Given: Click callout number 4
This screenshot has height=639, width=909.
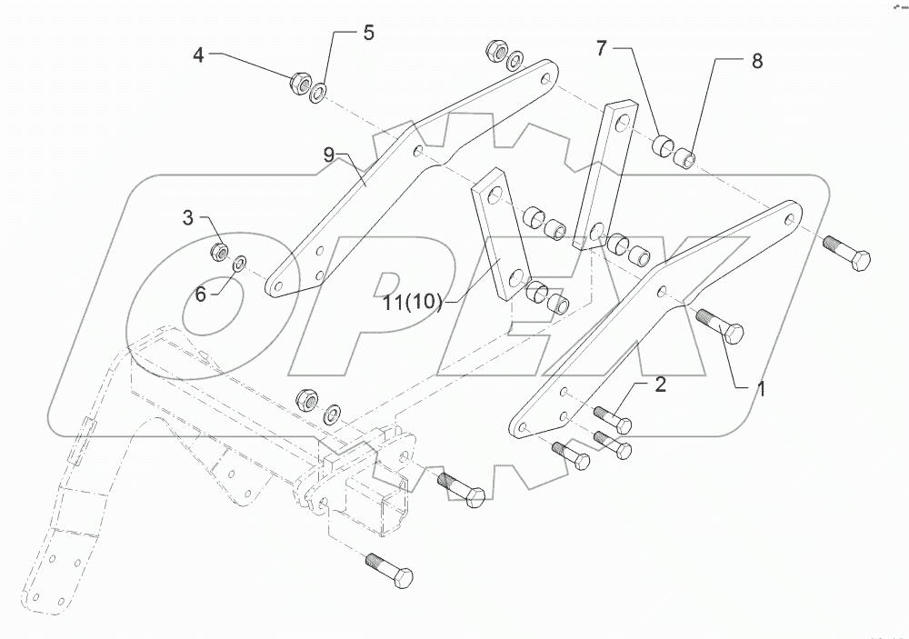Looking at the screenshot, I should pyautogui.click(x=199, y=55).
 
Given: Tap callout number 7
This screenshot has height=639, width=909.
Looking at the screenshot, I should pyautogui.click(x=601, y=48).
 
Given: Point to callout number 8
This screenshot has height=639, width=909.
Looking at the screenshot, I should pyautogui.click(x=756, y=61).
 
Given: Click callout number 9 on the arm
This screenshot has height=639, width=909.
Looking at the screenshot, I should pyautogui.click(x=330, y=155).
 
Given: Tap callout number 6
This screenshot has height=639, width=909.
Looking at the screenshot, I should pyautogui.click(x=200, y=292).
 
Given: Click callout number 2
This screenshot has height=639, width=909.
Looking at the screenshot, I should pyautogui.click(x=660, y=384).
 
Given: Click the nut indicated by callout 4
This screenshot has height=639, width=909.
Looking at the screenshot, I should pyautogui.click(x=297, y=85).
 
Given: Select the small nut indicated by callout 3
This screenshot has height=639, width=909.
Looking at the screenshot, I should pyautogui.click(x=218, y=250).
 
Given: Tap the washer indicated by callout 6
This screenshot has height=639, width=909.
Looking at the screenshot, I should pyautogui.click(x=241, y=264).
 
